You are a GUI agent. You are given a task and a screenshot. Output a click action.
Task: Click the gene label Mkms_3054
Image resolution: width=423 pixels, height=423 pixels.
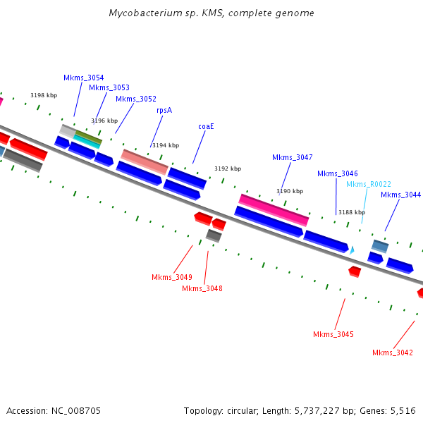coord(83,78)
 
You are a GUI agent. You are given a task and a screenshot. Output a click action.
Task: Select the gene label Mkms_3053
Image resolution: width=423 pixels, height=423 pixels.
coord(109,87)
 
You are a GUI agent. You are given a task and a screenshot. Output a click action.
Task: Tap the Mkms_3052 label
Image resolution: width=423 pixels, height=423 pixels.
coord(136,99)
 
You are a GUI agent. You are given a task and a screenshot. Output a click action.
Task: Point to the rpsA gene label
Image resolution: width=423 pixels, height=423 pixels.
coord(164,110)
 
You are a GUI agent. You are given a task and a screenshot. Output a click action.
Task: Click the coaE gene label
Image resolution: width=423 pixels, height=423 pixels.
coord(206,126)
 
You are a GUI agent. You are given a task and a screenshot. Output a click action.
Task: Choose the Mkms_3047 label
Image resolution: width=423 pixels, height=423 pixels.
coord(292,157)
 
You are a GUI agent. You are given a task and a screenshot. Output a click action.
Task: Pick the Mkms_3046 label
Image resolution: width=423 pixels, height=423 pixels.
coord(337,173)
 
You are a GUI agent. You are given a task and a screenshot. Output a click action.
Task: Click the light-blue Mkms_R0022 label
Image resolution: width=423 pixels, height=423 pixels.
coord(368,184)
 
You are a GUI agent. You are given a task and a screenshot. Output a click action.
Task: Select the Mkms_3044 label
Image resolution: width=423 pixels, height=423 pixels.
coord(400,195)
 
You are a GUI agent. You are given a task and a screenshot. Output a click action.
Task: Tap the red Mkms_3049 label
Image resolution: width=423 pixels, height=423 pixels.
coord(172,277)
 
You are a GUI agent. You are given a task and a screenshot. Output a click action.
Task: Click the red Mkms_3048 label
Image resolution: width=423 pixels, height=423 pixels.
coord(202,288)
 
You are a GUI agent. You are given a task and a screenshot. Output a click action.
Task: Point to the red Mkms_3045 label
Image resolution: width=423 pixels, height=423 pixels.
coord(333,334)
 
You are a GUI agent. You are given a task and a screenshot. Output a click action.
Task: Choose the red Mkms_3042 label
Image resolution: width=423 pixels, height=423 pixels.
coord(393,352)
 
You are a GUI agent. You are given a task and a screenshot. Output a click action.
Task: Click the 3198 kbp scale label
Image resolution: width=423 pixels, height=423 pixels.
coord(44,95)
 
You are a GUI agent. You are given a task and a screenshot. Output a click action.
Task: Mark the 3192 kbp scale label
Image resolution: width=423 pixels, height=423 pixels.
coord(228,169)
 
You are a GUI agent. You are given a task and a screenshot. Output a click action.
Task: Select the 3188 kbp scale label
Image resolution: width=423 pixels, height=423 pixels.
coord(352,212)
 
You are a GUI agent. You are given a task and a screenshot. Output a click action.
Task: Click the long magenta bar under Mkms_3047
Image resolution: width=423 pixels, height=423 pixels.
coord(274,209)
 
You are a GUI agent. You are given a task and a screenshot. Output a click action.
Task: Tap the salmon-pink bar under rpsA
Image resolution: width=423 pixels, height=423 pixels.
coord(145,161)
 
